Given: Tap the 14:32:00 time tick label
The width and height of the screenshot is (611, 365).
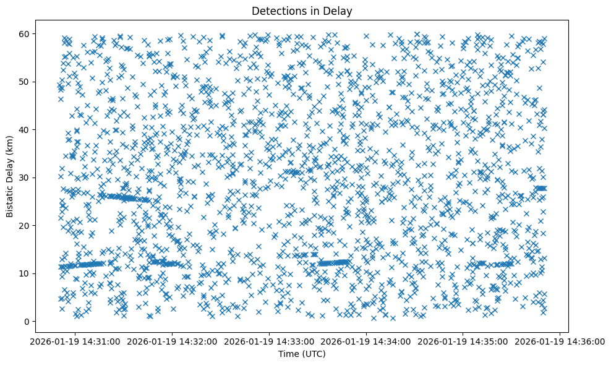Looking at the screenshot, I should [x=171, y=341].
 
